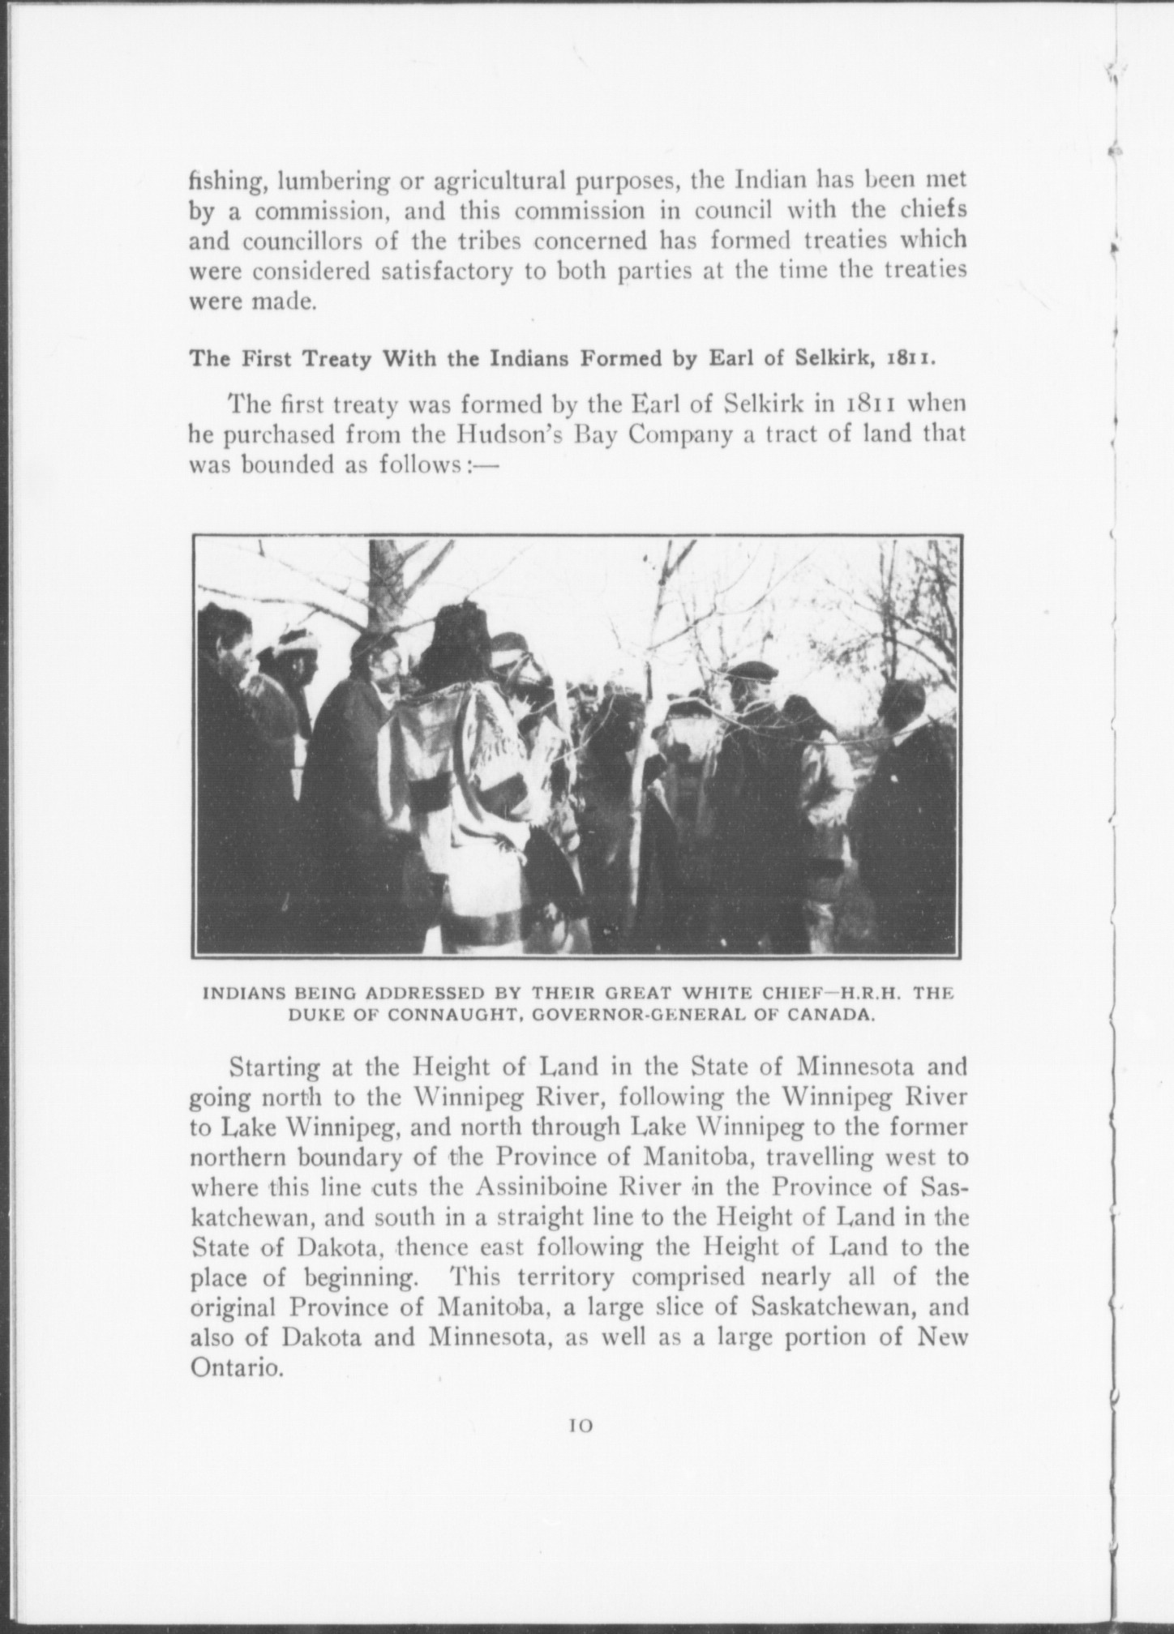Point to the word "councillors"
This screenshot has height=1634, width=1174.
[x=296, y=242]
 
